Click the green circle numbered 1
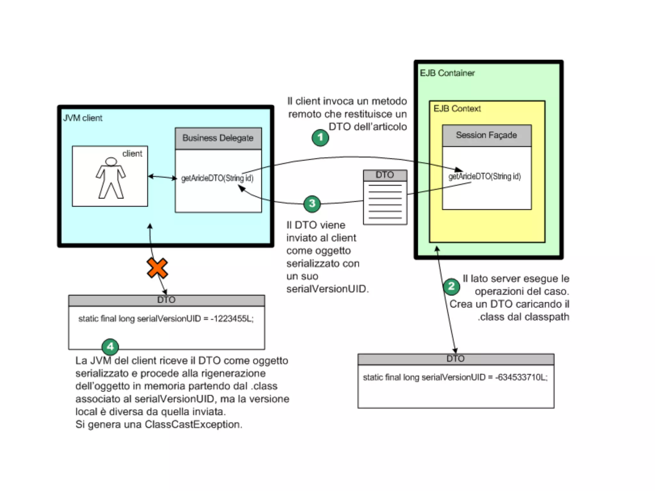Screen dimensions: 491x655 tap(320, 138)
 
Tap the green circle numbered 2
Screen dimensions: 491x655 tap(451, 286)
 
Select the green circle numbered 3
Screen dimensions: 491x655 tap(312, 204)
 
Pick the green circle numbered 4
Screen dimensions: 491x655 tap(110, 347)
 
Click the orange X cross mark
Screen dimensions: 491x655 tap(157, 268)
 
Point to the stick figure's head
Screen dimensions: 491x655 tap(111, 161)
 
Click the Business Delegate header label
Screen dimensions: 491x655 tap(218, 138)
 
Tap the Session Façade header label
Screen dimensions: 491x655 tap(486, 135)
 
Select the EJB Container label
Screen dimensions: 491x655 tap(447, 73)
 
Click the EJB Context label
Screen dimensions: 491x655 tap(457, 109)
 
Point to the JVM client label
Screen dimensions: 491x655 tap(83, 118)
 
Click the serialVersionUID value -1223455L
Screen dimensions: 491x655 tap(232, 319)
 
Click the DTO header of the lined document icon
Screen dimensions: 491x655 tap(385, 175)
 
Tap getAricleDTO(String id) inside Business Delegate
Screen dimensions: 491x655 tap(217, 178)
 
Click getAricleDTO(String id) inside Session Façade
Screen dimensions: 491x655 tap(484, 176)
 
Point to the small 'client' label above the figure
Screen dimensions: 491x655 tap(132, 154)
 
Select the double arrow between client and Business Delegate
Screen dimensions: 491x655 tap(162, 177)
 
